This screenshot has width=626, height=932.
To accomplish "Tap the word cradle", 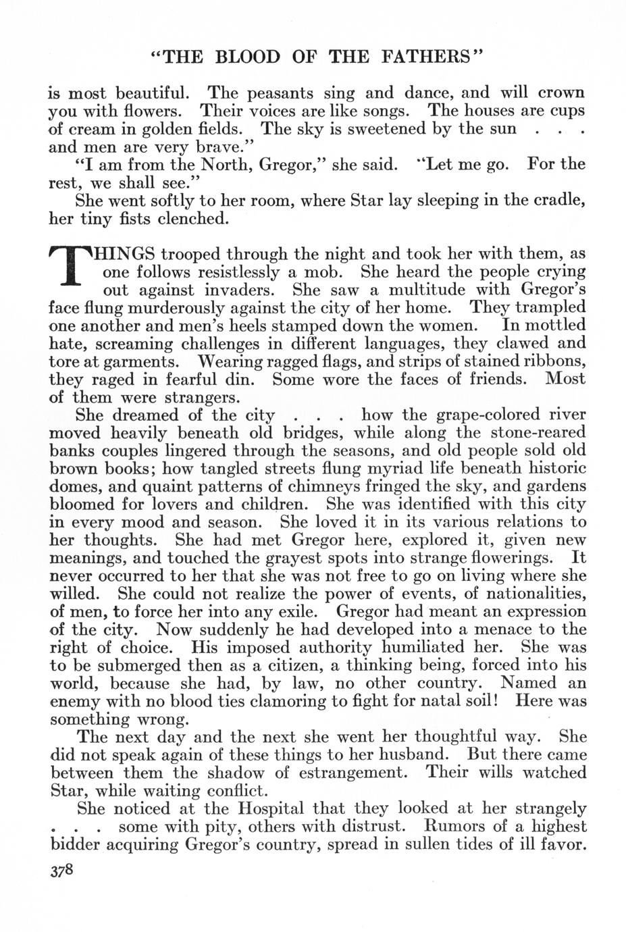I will (557, 201).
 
